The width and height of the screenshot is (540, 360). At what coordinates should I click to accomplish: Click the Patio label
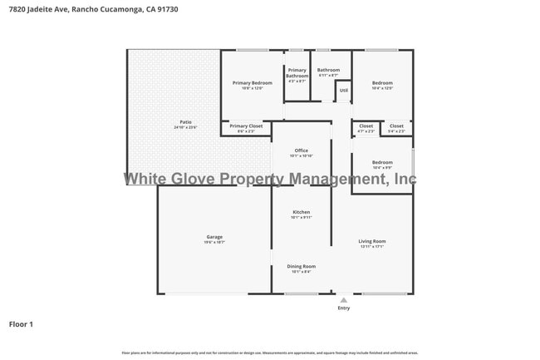pos(185,122)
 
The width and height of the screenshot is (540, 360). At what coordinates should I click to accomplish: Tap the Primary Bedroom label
pos(252,83)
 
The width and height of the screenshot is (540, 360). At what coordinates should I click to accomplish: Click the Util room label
pos(343,90)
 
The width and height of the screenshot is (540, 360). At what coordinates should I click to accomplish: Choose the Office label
pos(301,150)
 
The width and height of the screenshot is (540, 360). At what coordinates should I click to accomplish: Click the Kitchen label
pos(301,212)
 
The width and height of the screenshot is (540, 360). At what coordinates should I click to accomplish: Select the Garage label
pos(214,237)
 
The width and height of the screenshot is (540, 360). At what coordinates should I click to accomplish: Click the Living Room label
pos(372,241)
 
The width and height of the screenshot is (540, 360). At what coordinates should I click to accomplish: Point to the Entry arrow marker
pos(343,299)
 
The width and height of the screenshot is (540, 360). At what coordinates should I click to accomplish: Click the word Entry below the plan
pos(343,308)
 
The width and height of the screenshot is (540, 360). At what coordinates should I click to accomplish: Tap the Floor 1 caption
pos(21,324)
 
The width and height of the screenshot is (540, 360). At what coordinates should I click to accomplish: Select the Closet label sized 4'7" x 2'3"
pos(366,126)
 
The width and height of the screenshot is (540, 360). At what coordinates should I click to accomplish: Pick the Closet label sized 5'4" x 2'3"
pos(397,126)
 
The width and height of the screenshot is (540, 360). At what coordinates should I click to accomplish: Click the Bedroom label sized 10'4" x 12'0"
pos(382,83)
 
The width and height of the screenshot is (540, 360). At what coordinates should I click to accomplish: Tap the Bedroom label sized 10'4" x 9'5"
pos(382,162)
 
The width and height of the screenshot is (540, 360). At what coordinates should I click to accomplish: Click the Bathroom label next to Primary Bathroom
pos(328,70)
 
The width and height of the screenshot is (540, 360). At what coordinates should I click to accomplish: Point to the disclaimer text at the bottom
pos(270,353)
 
